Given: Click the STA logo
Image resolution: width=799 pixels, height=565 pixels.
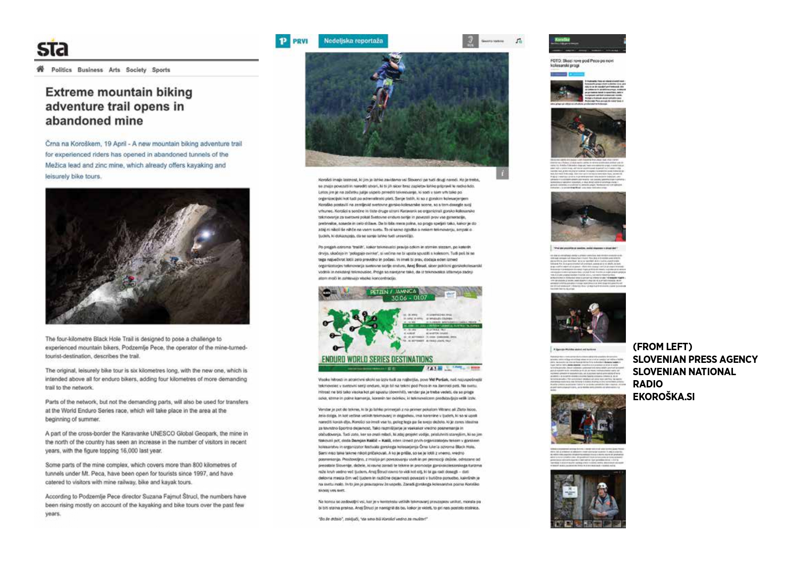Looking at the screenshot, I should (x=52, y=48).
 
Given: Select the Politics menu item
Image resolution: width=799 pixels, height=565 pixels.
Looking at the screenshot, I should (x=61, y=70).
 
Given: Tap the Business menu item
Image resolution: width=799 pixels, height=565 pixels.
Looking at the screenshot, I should (x=90, y=70).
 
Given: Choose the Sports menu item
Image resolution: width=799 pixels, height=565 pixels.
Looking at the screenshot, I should (x=161, y=70).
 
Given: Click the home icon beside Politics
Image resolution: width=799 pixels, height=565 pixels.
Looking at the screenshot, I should (x=41, y=69).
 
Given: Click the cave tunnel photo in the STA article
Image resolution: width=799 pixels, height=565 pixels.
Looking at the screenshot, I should (x=147, y=256).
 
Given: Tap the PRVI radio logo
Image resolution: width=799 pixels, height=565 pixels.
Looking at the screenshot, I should (x=292, y=41).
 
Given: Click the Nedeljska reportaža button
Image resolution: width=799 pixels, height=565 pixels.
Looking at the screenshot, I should (x=353, y=41).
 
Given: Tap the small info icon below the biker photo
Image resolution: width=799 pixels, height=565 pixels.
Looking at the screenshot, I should (x=502, y=173).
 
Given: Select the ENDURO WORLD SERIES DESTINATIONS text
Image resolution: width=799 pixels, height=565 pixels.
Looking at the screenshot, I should (x=377, y=359).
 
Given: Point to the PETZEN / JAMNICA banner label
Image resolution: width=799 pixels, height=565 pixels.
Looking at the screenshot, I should (x=393, y=291).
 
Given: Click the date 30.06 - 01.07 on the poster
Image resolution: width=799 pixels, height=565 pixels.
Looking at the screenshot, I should (x=409, y=298).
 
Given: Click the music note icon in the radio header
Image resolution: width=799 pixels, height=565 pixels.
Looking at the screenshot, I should (x=518, y=41).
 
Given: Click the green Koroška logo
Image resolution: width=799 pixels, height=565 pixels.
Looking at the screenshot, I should (x=563, y=40).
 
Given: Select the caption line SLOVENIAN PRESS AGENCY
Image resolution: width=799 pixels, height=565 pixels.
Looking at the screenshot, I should (x=695, y=359).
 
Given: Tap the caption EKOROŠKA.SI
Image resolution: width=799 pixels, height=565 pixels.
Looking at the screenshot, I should (x=663, y=397).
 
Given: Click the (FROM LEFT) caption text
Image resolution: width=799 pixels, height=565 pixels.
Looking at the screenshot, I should (x=662, y=347).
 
